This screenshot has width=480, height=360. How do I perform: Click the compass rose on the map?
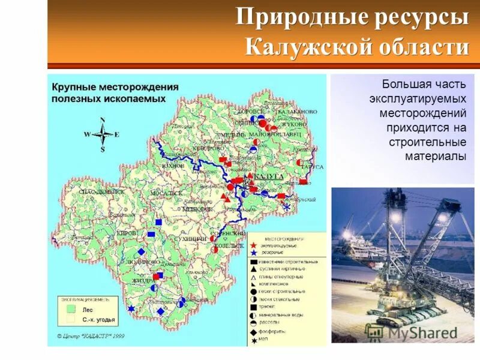103,134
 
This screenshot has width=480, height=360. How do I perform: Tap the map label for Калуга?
268,177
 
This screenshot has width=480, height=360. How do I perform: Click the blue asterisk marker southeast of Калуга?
287,207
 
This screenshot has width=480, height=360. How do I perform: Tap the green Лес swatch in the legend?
71,310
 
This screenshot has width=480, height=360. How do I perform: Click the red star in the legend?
254,245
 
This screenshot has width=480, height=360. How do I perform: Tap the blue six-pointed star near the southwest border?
131,308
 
